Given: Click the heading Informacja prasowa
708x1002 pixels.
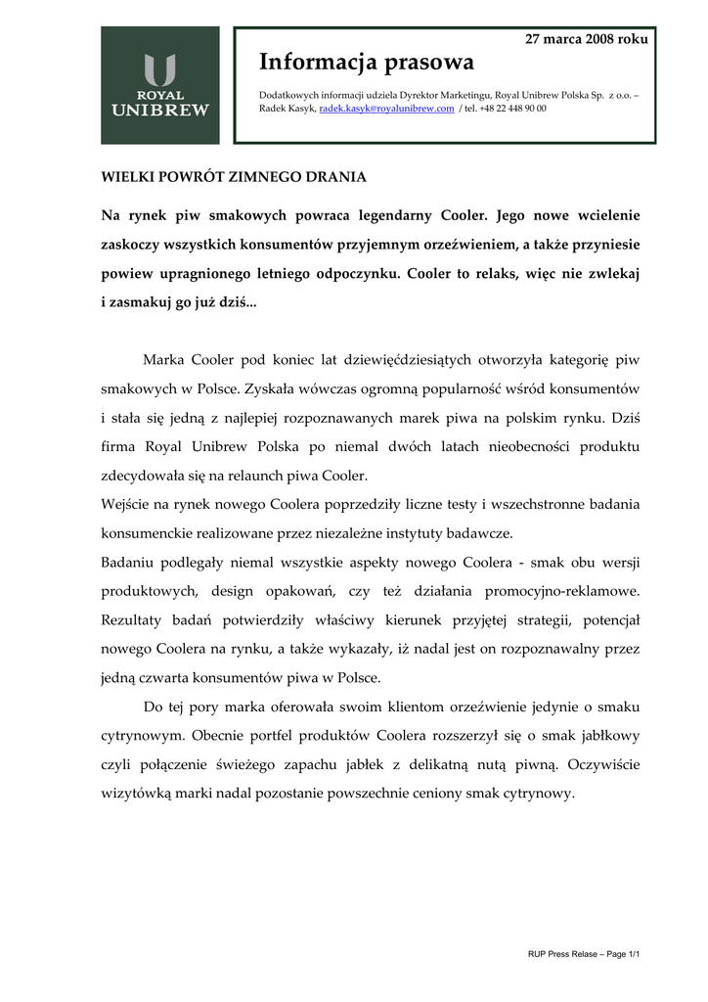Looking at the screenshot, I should click(366, 63).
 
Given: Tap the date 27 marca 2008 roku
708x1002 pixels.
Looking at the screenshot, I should click(587, 38).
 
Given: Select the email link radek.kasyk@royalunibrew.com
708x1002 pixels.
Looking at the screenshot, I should click(387, 109).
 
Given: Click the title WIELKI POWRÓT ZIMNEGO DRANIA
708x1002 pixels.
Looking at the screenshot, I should click(235, 177).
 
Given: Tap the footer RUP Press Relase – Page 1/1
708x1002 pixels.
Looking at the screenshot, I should click(583, 953).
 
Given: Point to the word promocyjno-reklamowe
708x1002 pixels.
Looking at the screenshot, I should click(567, 591).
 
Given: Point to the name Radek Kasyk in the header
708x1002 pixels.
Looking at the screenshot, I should click(288, 109).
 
